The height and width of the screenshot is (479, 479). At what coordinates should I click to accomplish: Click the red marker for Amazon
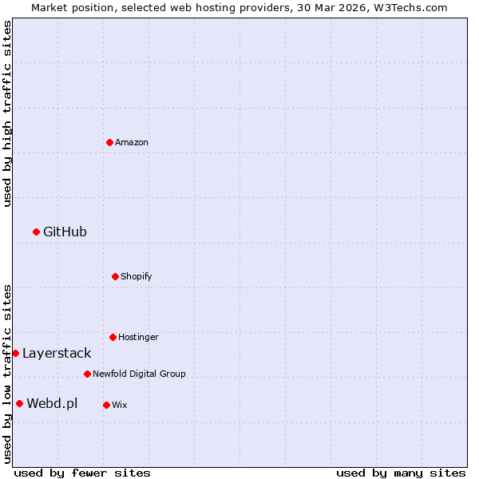tap(109, 142)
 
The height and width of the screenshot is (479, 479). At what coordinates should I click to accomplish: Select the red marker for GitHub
tap(36, 232)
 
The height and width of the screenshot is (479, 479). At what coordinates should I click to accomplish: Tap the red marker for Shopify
tap(115, 276)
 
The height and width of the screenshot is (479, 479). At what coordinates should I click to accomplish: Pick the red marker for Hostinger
tap(113, 337)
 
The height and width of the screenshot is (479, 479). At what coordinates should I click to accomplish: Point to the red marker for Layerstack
tap(15, 353)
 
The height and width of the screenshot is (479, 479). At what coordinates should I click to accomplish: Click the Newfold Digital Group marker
tap(87, 374)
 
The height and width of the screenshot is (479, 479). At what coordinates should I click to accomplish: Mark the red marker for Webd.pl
tap(19, 403)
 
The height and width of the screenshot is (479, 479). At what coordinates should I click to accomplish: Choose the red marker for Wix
tap(106, 405)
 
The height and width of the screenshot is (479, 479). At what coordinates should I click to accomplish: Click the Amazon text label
tap(132, 142)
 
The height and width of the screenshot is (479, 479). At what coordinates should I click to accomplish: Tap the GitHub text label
tap(65, 232)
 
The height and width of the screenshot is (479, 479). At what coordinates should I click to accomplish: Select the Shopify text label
tap(137, 276)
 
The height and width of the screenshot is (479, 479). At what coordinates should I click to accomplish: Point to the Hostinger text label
tap(138, 337)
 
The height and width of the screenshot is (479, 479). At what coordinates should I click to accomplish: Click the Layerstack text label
tap(57, 353)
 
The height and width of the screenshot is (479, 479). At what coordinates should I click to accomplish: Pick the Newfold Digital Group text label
tap(139, 374)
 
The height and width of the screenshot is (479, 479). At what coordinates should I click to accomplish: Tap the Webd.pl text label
tap(52, 403)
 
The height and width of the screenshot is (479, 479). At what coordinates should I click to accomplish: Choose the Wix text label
tap(120, 405)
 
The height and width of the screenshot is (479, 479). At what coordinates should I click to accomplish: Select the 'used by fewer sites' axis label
tap(82, 473)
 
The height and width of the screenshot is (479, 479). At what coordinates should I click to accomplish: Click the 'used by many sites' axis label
tap(401, 473)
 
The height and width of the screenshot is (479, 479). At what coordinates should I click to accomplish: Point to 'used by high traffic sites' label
tap(7, 113)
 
